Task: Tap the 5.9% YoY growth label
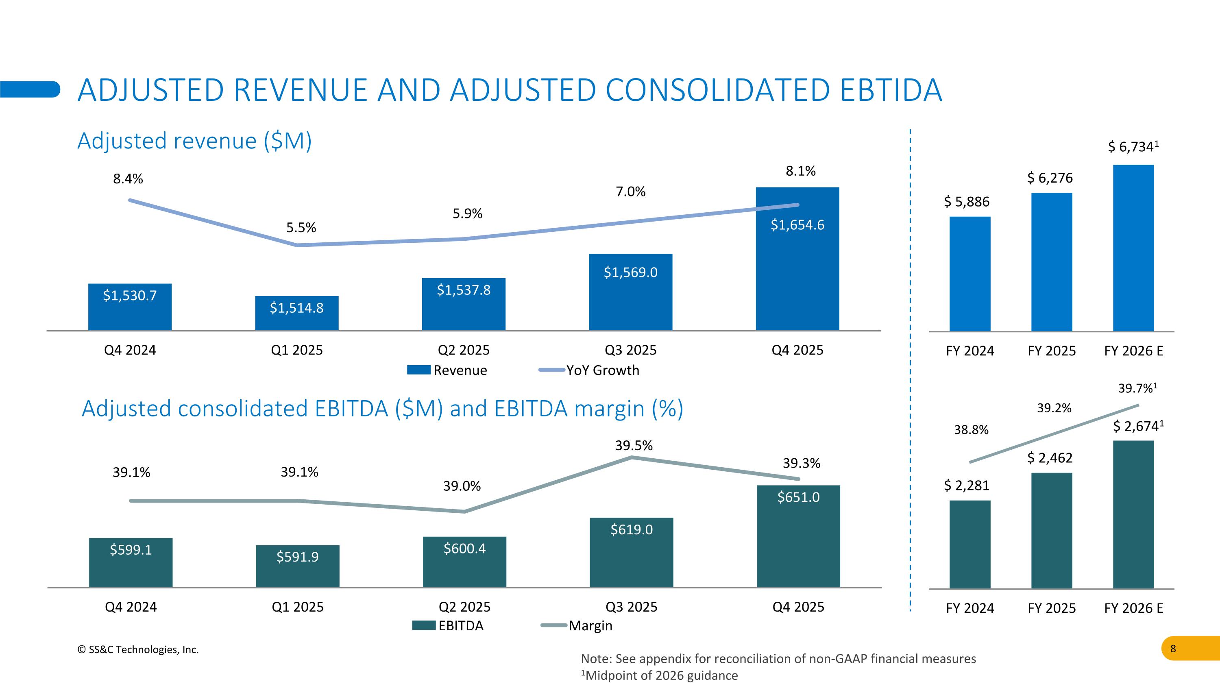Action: pos(467,213)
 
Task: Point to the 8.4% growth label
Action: pos(128,179)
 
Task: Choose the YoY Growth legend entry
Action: pos(589,370)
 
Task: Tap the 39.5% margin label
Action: pos(634,446)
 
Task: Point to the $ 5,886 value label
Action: pos(967,202)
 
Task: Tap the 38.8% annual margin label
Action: pos(971,430)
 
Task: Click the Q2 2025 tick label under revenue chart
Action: pos(464,351)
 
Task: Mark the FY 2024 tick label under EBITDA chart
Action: pos(970,608)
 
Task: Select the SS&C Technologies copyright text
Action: pos(138,649)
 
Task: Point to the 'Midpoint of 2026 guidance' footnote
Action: pos(659,675)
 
